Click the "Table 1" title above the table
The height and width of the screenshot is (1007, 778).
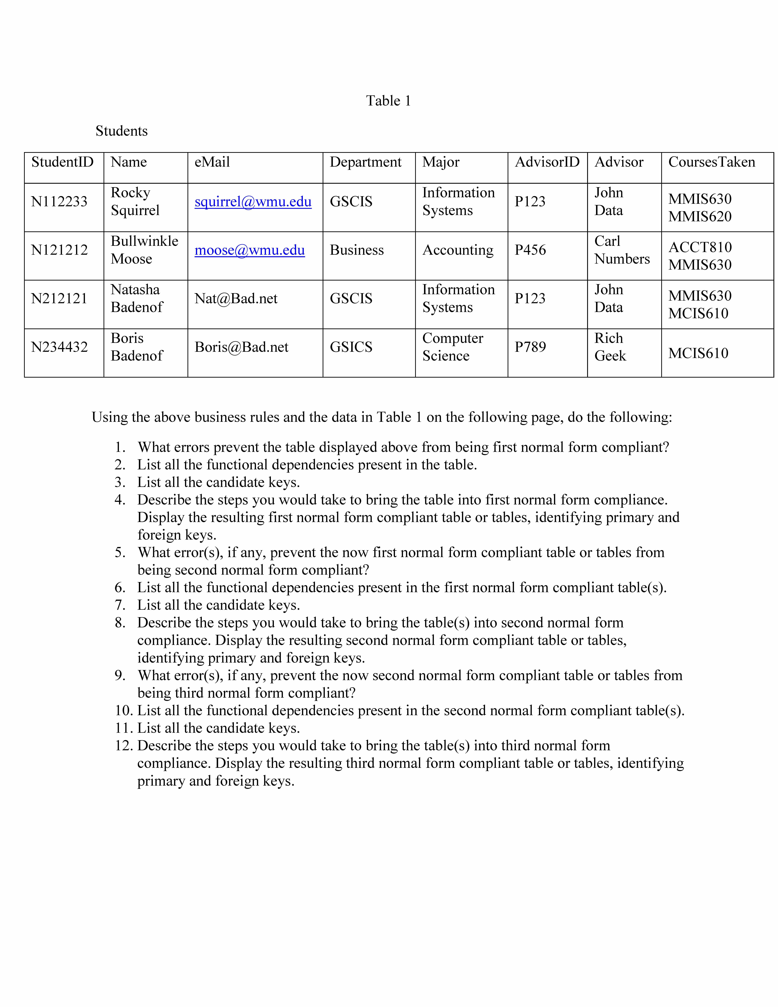click(388, 101)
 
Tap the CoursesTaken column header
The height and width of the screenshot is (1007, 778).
click(712, 162)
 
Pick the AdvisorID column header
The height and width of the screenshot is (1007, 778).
click(547, 162)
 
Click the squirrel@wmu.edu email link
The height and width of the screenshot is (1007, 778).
click(253, 201)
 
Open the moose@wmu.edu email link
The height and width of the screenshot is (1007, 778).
click(249, 250)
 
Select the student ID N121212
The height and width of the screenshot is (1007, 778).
click(59, 250)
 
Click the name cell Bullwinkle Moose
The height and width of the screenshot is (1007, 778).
click(144, 250)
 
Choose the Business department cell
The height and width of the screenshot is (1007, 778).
click(357, 250)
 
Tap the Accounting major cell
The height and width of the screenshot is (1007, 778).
click(458, 250)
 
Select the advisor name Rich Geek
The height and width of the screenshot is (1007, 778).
click(610, 347)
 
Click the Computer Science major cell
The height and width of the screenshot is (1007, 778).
click(453, 347)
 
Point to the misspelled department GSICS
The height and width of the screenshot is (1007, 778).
click(351, 347)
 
